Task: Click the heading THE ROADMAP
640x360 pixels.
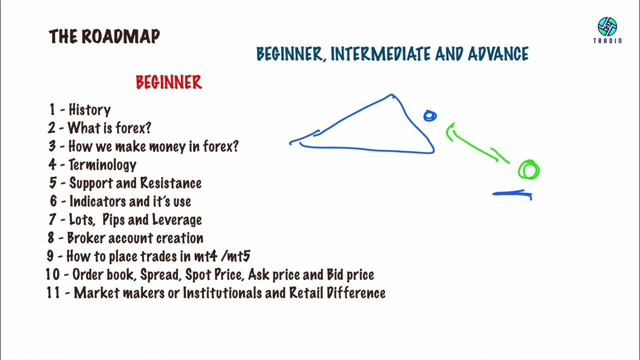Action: (104, 36)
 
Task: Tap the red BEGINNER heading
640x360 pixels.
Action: (168, 82)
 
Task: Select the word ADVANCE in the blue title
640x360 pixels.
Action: (498, 54)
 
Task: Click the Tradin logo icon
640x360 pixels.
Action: (607, 26)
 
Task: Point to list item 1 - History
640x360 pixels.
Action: (80, 109)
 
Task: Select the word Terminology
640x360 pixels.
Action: (102, 164)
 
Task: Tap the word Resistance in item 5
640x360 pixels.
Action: (170, 183)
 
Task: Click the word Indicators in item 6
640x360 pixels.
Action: (97, 201)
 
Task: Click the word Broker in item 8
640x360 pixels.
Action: (85, 238)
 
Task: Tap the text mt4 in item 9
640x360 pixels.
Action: (207, 256)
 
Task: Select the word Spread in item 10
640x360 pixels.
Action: (160, 275)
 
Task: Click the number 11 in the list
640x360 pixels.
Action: (53, 293)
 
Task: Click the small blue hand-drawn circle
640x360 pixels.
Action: (429, 116)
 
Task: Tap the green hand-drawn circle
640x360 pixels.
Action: (528, 170)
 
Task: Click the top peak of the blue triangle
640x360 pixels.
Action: (391, 95)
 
